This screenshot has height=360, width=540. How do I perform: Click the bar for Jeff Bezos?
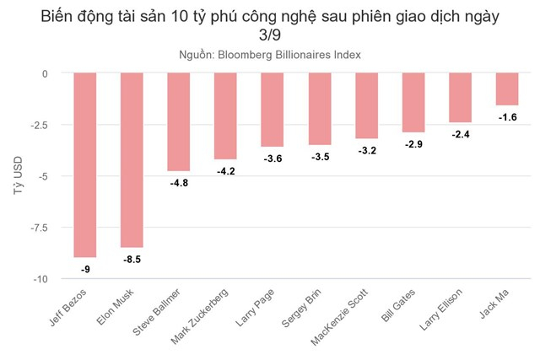click(85, 164)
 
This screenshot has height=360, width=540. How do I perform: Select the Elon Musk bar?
click(132, 159)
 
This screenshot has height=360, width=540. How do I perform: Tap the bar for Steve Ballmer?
click(179, 121)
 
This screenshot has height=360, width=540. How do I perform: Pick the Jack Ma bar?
click(507, 89)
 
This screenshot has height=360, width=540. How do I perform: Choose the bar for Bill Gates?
click(413, 102)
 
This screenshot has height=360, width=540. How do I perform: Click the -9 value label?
click(85, 269)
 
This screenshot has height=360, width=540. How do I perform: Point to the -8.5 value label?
click(132, 259)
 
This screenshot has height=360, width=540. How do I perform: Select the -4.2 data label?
click(225, 170)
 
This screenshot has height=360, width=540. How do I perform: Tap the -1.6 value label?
click(507, 116)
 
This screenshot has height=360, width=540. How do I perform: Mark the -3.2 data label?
click(366, 150)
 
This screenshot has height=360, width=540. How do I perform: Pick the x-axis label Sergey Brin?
click(300, 311)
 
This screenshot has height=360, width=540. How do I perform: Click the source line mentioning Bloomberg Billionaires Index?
click(270, 55)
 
